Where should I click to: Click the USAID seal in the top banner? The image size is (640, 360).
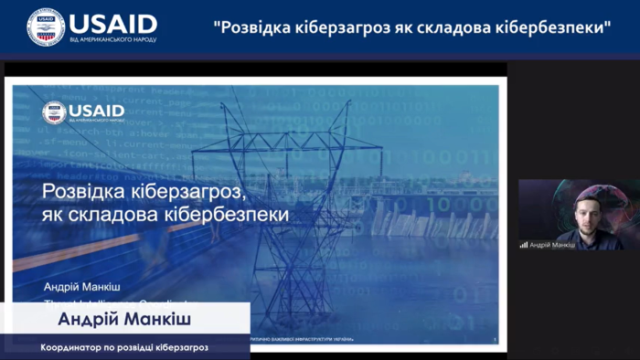(46, 26)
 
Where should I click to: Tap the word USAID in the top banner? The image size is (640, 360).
(112, 23)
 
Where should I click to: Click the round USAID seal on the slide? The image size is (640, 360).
(54, 112)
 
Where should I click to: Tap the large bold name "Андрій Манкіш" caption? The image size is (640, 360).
(127, 319)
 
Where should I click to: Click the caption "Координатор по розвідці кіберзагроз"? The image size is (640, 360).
(125, 348)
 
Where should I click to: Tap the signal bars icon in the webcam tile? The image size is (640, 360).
(525, 245)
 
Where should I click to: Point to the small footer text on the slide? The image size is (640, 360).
(302, 340)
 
